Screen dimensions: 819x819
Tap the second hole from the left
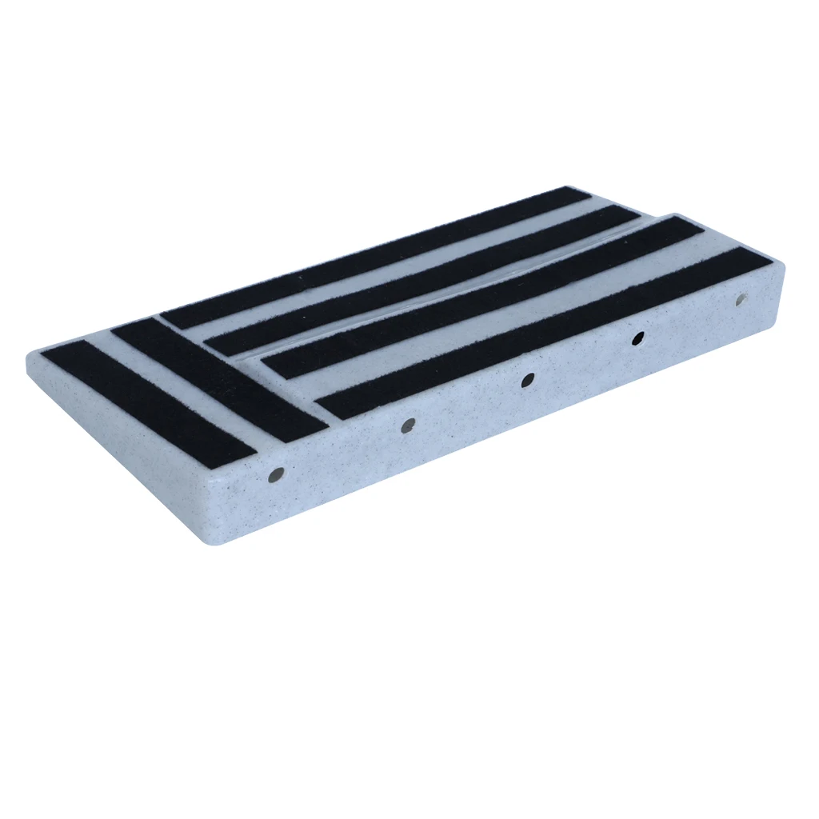point(408,425)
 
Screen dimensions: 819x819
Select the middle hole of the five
point(527,381)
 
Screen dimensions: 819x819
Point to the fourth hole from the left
point(637,338)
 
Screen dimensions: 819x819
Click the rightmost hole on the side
point(741,301)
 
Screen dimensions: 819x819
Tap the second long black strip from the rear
point(424,280)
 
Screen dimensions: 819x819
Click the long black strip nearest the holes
point(544,332)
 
